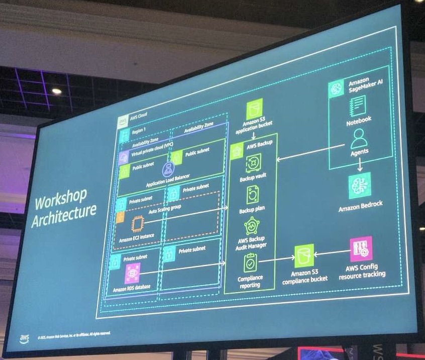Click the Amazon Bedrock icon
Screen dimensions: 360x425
359,185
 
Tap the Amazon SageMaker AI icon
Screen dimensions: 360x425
337,89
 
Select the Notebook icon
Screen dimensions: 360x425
358,106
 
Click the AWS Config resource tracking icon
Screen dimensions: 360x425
361,249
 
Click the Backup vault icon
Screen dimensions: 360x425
253,162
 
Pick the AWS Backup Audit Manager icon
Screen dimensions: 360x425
251,226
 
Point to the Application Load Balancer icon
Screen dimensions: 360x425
168,171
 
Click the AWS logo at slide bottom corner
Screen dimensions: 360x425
24,338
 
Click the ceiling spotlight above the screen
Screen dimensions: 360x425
56,91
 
